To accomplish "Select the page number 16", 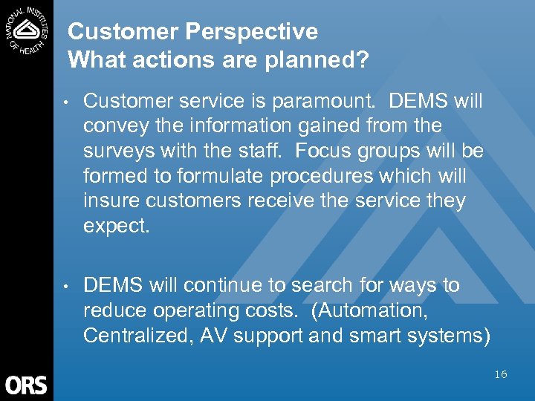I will pos(500,374).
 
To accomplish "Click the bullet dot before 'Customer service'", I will pos(67,101).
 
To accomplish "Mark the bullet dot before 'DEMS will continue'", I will pos(67,286).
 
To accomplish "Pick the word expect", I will pos(117,226).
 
